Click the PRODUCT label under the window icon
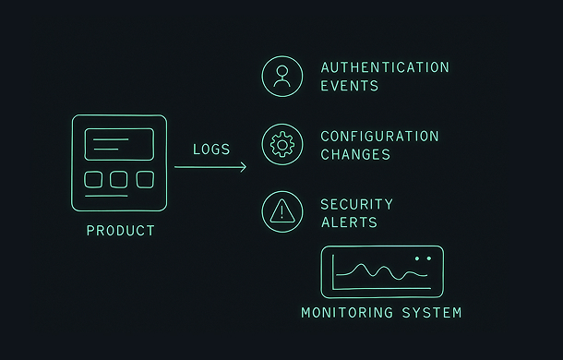click(120, 231)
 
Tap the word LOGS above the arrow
click(211, 150)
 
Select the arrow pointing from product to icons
click(210, 167)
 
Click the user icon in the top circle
click(281, 76)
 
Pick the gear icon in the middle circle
click(281, 144)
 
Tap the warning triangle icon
click(281, 212)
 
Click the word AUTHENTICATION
click(385, 67)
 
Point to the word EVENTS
click(349, 86)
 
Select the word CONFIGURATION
click(379, 137)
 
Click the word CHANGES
click(355, 155)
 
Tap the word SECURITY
click(356, 204)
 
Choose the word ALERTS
click(349, 222)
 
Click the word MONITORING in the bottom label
click(348, 313)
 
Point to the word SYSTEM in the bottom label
click(431, 313)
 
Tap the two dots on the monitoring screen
click(423, 258)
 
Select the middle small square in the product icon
click(119, 179)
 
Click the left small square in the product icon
click(93, 179)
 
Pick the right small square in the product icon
click(145, 179)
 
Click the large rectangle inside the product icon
click(119, 144)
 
